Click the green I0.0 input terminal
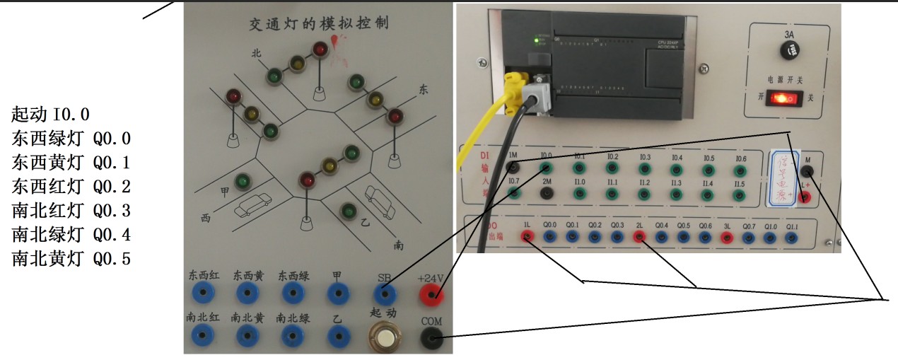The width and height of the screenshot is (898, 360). click(546, 168)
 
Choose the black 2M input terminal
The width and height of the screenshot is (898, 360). click(546, 193)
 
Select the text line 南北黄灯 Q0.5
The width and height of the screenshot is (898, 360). click(71, 259)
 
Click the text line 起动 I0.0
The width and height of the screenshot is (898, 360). click(50, 115)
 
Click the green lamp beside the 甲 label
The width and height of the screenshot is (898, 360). click(243, 182)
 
